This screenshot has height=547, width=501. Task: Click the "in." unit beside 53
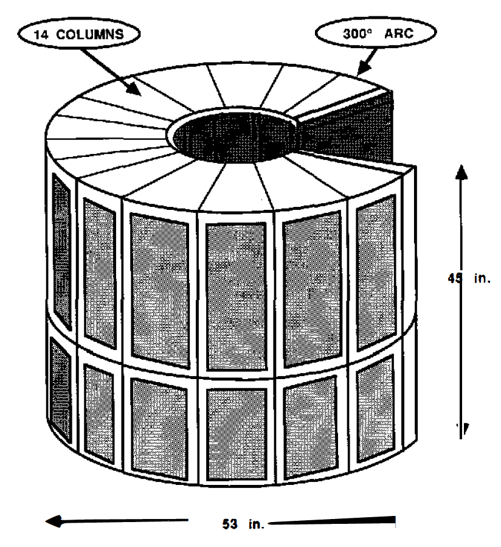[251, 522]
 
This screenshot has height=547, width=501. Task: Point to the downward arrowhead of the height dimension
[461, 428]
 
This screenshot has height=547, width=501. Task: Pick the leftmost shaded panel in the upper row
[61, 249]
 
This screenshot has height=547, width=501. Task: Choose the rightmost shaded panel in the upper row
[375, 271]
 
